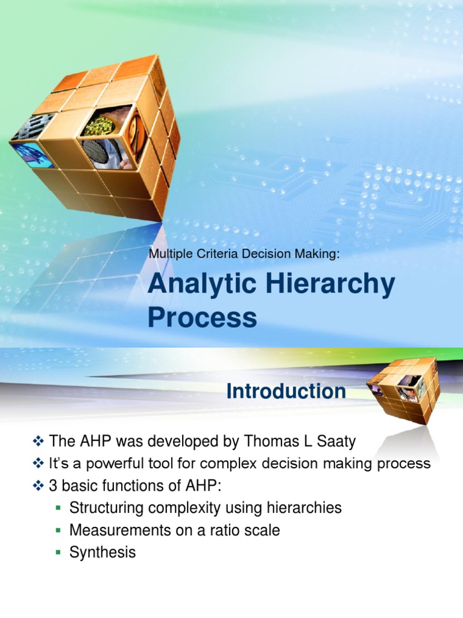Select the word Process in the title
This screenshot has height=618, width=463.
tap(202, 318)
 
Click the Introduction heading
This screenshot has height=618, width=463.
tap(286, 392)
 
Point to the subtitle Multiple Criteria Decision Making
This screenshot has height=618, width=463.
tap(244, 254)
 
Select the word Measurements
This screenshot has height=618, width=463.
tap(117, 530)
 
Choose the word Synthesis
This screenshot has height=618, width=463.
tap(102, 552)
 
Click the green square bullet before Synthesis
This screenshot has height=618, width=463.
tap(58, 552)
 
